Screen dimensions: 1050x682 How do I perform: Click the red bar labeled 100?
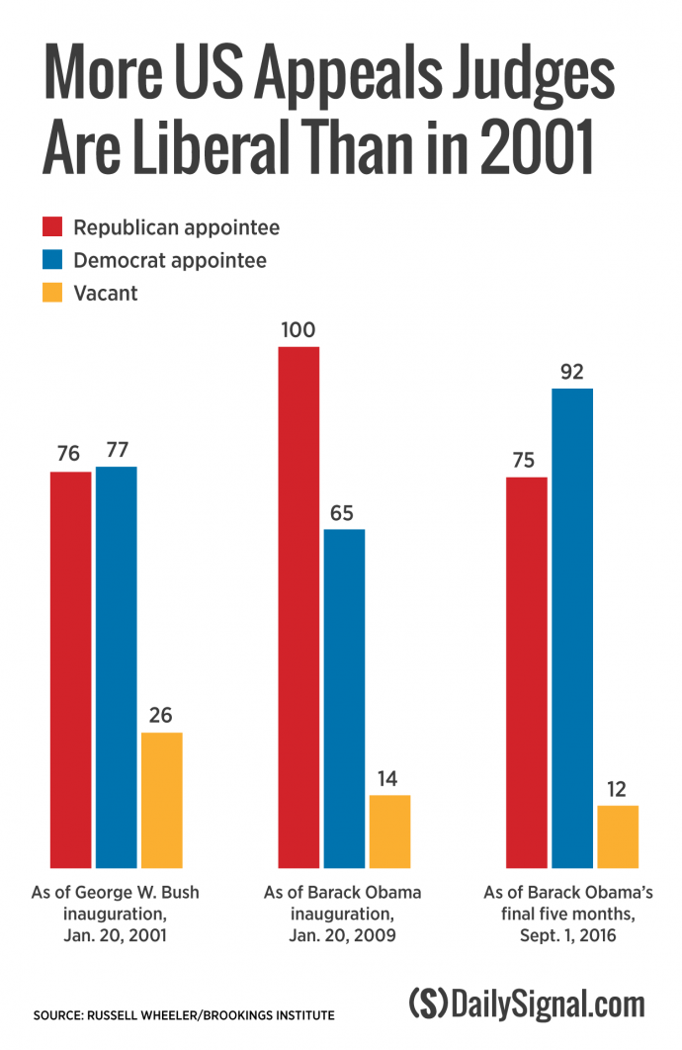pos(298,606)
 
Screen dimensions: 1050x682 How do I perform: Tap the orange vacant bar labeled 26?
pos(162,799)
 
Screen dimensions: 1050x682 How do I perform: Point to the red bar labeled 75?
pos(526,671)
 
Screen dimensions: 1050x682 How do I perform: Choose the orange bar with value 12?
pos(618,835)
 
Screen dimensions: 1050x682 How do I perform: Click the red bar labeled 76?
pos(71,669)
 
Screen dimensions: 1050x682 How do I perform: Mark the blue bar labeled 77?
pos(117,666)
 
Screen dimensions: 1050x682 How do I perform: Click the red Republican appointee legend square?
pos(53,228)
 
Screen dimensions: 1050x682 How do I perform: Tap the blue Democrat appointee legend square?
pos(53,261)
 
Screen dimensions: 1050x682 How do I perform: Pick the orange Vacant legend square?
pos(53,294)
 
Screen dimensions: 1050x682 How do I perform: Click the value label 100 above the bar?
pos(298,330)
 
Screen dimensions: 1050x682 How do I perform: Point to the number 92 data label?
pos(572,373)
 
